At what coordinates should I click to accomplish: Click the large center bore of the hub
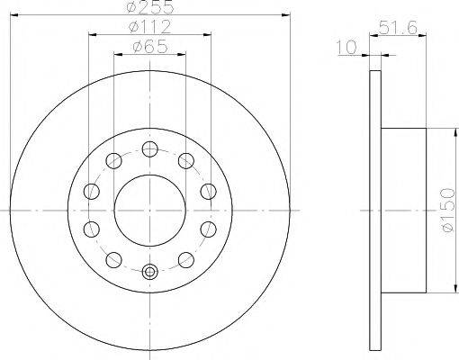[x=149, y=208]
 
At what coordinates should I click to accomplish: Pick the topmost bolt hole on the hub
[x=149, y=148]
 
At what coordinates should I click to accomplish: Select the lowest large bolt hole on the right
[x=186, y=259]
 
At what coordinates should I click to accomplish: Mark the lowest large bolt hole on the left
[x=112, y=259]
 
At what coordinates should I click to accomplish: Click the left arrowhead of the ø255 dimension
[x=13, y=15]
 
